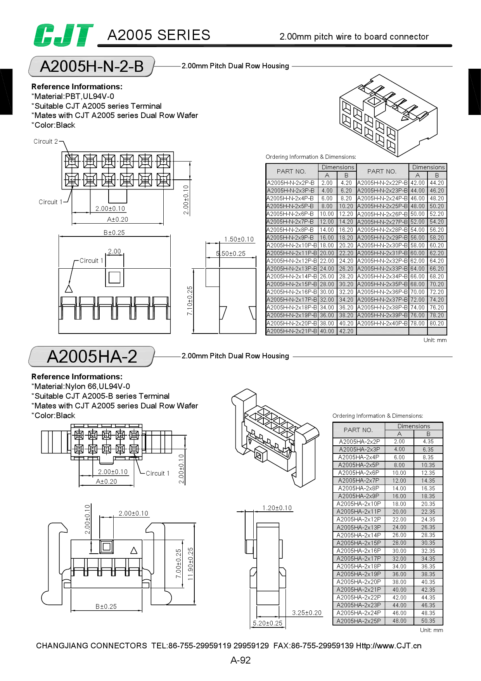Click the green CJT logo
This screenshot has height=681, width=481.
63,35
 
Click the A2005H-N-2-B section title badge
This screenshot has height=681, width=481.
92,66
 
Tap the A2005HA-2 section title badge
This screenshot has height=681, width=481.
92,356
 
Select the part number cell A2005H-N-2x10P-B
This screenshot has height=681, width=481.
292,245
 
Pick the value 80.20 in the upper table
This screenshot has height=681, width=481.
437,323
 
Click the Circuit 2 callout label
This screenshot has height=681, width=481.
46,141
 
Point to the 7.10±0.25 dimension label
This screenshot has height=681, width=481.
190,301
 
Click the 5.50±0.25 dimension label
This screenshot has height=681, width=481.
231,254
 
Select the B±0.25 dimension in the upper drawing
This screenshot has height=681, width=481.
114,233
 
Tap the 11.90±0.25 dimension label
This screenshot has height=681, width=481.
190,564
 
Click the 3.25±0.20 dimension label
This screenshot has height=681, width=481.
307,613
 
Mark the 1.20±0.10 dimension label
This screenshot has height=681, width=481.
277,508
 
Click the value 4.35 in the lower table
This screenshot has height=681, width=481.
428,441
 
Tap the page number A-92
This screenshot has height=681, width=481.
240,660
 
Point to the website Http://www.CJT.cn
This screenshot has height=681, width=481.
389,646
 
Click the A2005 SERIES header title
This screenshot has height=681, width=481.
159,35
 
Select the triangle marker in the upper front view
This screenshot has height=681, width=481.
69,288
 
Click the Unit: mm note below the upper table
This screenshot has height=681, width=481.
435,340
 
